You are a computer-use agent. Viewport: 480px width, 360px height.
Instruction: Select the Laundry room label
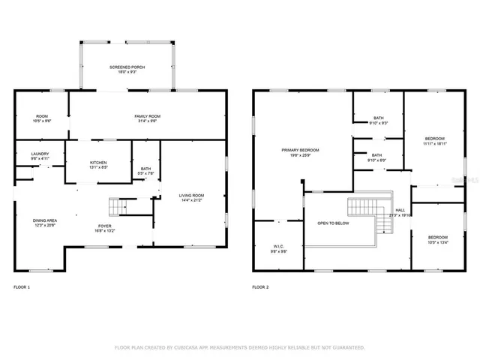tap(40, 155)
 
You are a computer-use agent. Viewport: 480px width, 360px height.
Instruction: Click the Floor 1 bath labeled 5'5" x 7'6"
tap(145, 170)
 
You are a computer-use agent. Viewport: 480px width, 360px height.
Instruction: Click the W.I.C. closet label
tap(278, 248)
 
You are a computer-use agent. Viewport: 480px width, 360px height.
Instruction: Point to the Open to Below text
tap(332, 223)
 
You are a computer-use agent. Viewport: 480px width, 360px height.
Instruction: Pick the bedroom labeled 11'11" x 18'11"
tap(434, 140)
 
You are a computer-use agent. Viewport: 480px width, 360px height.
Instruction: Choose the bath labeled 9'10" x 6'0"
tap(377, 157)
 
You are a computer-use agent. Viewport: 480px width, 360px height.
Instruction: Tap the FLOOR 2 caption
tap(260, 287)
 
